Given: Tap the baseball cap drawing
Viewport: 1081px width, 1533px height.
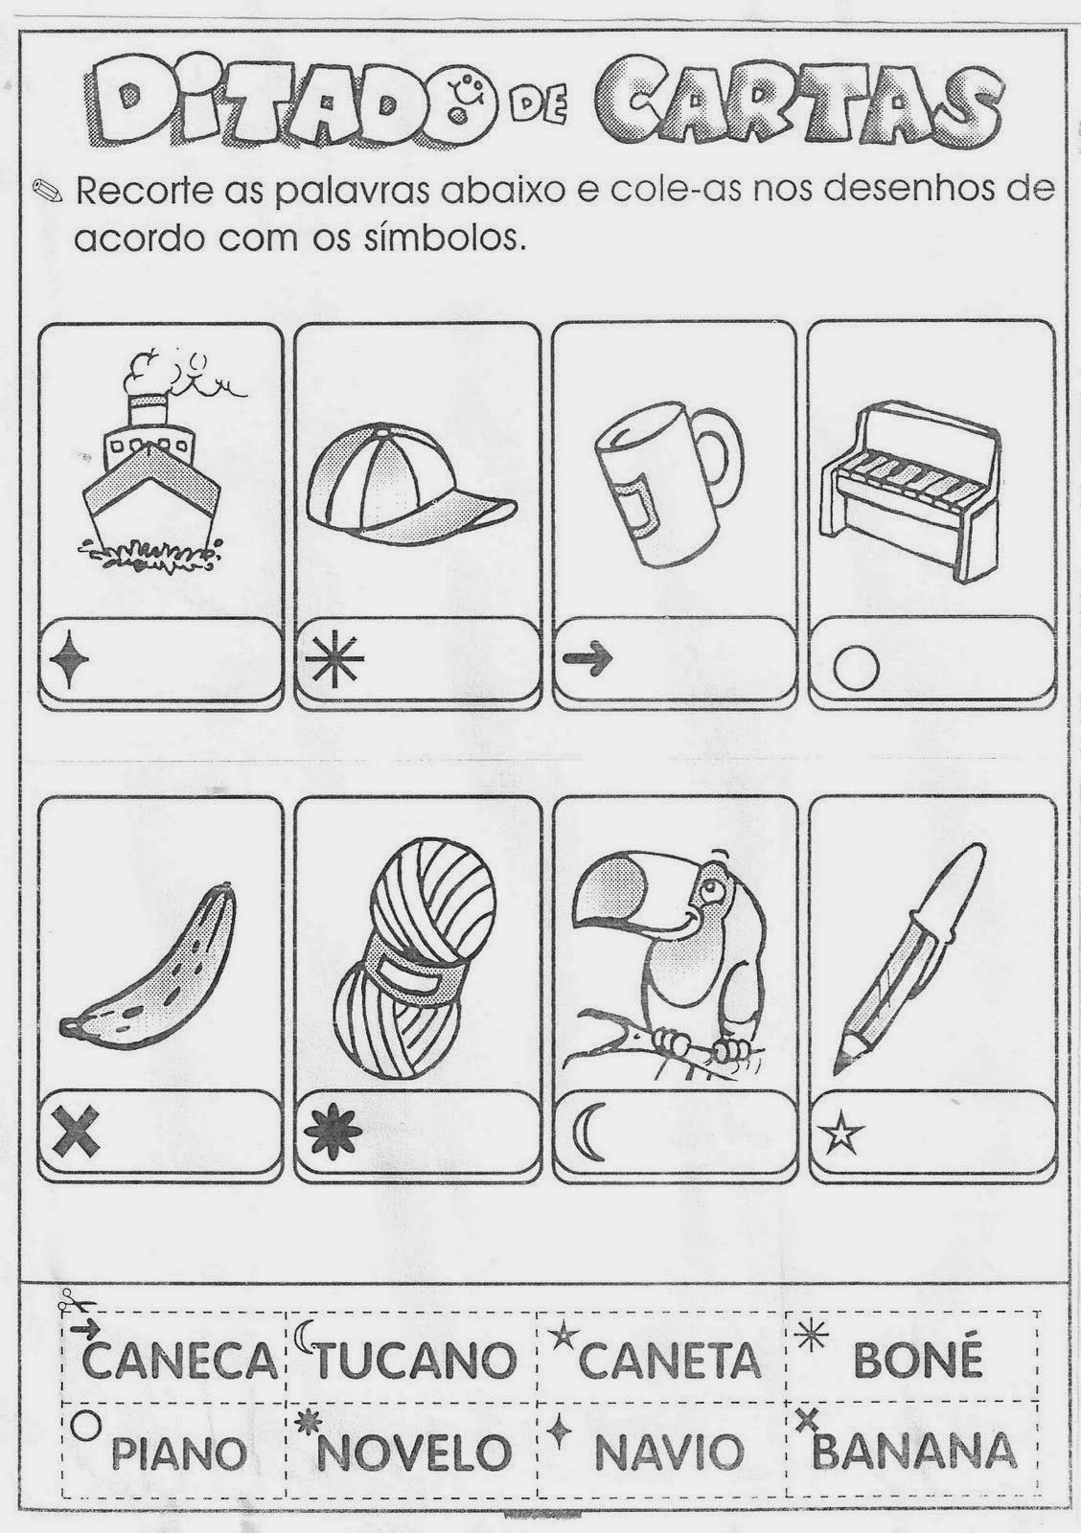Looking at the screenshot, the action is coord(411,483).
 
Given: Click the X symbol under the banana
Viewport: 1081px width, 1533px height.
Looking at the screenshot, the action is coord(76,1132).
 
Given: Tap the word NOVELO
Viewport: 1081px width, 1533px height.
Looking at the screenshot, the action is coord(414,1452).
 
